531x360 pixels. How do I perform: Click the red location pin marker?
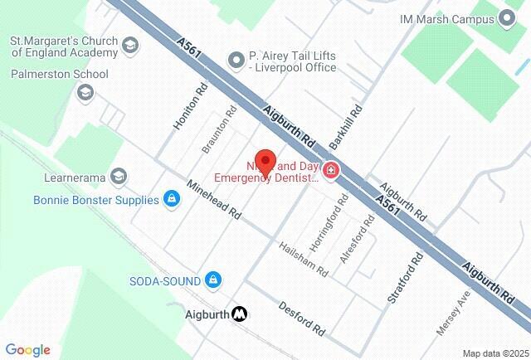click(264, 160)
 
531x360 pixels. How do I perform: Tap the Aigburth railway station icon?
click(241, 314)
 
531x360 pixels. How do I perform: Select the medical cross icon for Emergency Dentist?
click(331, 171)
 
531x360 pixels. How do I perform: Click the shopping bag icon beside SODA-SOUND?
click(212, 280)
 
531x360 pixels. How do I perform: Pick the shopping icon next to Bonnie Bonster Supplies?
click(171, 199)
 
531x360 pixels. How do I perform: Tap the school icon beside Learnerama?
click(119, 176)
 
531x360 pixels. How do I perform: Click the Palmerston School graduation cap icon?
click(85, 91)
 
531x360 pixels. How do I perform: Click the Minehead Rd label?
click(213, 200)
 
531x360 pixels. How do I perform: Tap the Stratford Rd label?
click(405, 278)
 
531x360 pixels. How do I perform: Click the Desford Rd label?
click(302, 318)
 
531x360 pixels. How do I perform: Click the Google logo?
click(27, 350)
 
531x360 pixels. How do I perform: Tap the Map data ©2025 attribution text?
click(494, 353)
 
